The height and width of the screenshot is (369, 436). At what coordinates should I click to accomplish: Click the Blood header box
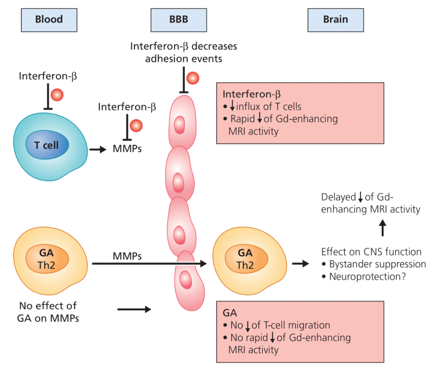(49, 19)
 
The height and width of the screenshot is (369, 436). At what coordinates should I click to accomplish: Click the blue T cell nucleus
(46, 145)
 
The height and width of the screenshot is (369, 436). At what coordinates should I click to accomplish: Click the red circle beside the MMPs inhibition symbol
(136, 126)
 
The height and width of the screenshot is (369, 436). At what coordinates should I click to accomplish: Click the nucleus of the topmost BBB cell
(180, 126)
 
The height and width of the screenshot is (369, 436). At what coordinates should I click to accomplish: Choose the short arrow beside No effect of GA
(134, 310)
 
